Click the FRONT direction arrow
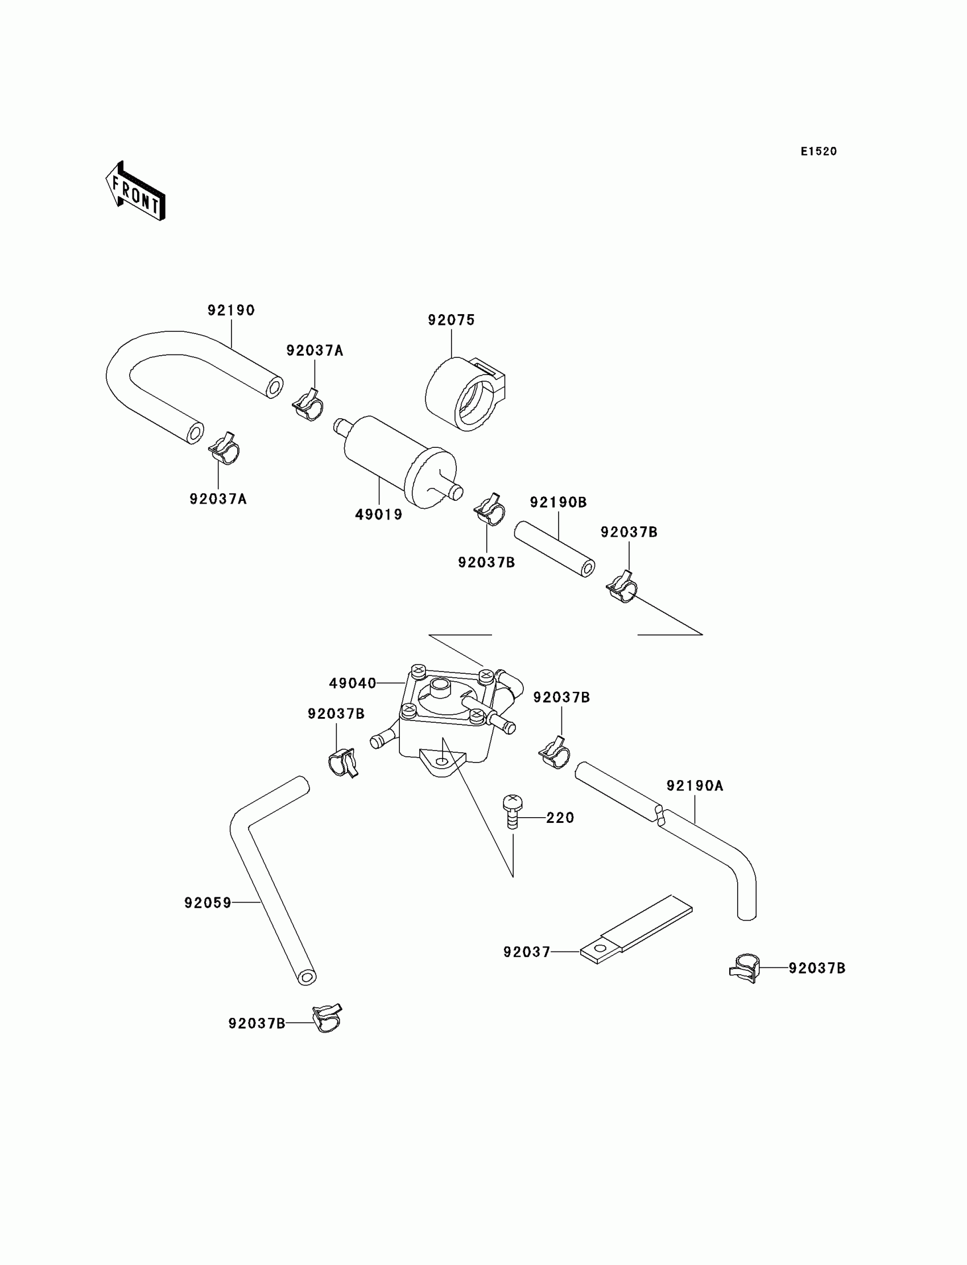(x=136, y=192)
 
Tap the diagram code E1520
(x=819, y=151)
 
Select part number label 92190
(x=231, y=310)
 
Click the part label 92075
(x=451, y=320)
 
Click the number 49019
(x=379, y=515)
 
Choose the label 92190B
(x=558, y=502)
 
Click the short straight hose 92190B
(x=554, y=549)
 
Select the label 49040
(x=352, y=683)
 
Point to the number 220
(x=560, y=818)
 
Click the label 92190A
(x=694, y=786)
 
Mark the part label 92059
(x=207, y=903)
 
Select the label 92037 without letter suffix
(x=527, y=953)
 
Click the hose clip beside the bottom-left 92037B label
(x=327, y=1019)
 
